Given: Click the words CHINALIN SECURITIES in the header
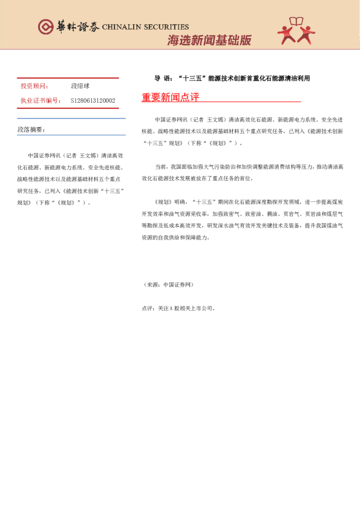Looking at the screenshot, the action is pos(145,27).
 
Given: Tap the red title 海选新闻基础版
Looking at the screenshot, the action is pos(209,41).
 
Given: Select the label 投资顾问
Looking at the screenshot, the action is pos(34,86).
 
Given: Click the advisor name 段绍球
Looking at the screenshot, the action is pos(80,86).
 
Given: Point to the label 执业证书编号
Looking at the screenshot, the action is pos(41,100).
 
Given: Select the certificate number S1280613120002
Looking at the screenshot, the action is pos(93,100).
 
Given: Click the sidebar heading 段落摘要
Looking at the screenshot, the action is pos(31,130).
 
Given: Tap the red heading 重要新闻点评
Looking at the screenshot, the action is pos(171,97).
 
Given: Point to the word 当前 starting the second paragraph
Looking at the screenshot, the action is pos(161,166).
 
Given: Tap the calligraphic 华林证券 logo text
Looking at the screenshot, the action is pos(77,27).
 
